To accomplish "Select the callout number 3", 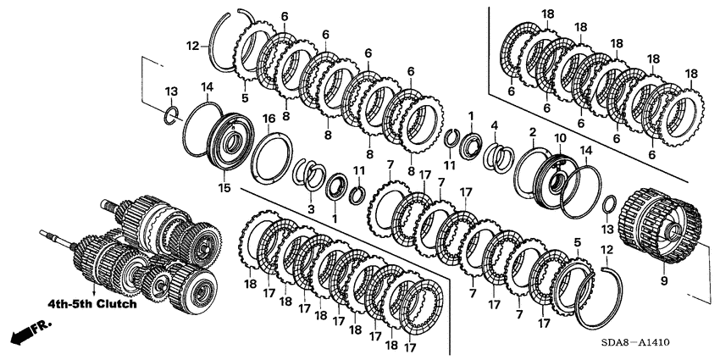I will (x=312, y=208).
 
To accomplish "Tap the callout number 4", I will (x=494, y=127).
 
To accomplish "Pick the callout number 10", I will (x=559, y=137).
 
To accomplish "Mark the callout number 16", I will (x=268, y=118).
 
